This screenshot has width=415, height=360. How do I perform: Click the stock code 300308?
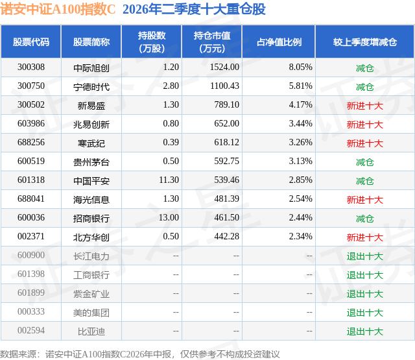click(x=31, y=67)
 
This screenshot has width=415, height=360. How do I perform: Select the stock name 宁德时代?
click(x=91, y=86)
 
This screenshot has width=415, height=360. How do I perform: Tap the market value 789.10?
click(x=226, y=105)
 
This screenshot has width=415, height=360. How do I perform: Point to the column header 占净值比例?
click(x=279, y=42)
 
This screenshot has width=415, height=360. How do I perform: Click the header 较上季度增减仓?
click(x=365, y=42)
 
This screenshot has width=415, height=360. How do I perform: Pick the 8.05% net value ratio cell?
click(x=300, y=67)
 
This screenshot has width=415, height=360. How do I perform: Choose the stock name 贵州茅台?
click(x=91, y=162)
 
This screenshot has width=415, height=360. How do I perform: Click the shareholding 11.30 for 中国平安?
click(x=169, y=180)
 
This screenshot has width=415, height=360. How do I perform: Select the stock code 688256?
click(x=31, y=143)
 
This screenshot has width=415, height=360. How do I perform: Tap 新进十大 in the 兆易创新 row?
click(x=365, y=124)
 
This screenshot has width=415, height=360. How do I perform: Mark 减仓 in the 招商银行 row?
click(x=365, y=218)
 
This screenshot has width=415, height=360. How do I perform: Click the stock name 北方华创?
click(x=91, y=237)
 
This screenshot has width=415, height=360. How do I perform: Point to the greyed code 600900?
click(x=31, y=255)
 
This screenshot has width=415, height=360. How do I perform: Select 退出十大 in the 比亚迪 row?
click(x=365, y=331)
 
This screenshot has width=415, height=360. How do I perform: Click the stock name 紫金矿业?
click(x=91, y=293)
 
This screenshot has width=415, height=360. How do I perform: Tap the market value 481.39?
click(x=226, y=198)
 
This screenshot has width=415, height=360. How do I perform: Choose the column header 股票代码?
click(x=31, y=42)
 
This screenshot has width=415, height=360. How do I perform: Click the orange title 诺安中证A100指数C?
click(x=58, y=9)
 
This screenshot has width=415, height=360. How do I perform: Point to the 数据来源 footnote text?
click(x=140, y=354)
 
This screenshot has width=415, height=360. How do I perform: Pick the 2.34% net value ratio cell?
click(x=300, y=236)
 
